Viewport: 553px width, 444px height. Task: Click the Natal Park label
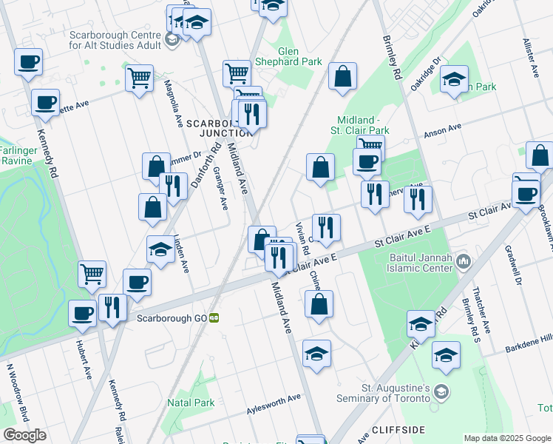tap(191, 403)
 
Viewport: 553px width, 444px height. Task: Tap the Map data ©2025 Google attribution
tap(507, 438)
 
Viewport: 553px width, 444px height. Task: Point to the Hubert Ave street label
tap(82, 359)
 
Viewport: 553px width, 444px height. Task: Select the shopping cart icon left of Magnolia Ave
tap(139, 78)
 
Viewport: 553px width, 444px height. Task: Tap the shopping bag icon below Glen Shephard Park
tap(342, 76)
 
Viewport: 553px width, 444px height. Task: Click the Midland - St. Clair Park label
tap(363, 125)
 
